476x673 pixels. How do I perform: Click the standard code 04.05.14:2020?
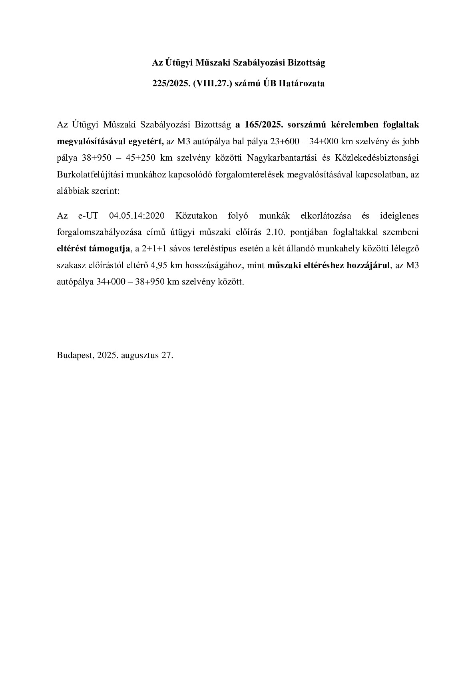137,216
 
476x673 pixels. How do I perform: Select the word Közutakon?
196,216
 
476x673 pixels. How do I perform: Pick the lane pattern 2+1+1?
157,249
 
